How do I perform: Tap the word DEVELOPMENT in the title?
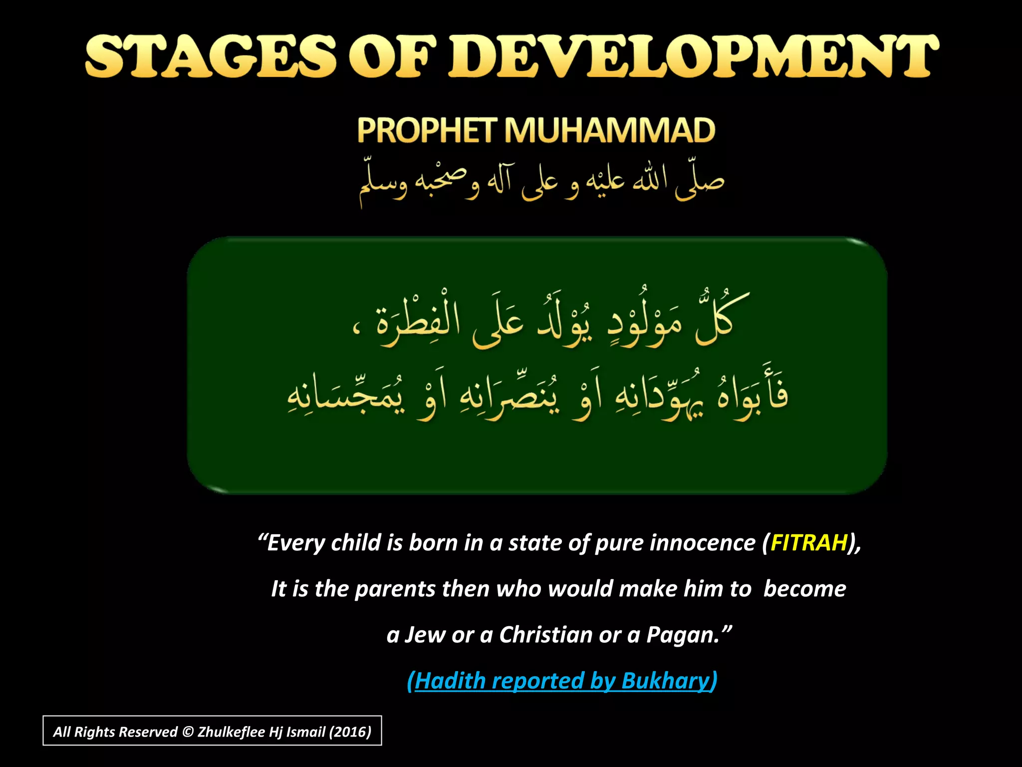coord(694,56)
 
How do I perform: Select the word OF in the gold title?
coord(397,56)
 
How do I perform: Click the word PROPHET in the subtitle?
coord(427,130)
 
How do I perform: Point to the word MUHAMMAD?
coord(609,130)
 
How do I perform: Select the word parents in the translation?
coord(395,589)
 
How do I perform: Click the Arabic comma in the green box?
coord(355,330)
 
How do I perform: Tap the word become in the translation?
coord(804,589)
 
